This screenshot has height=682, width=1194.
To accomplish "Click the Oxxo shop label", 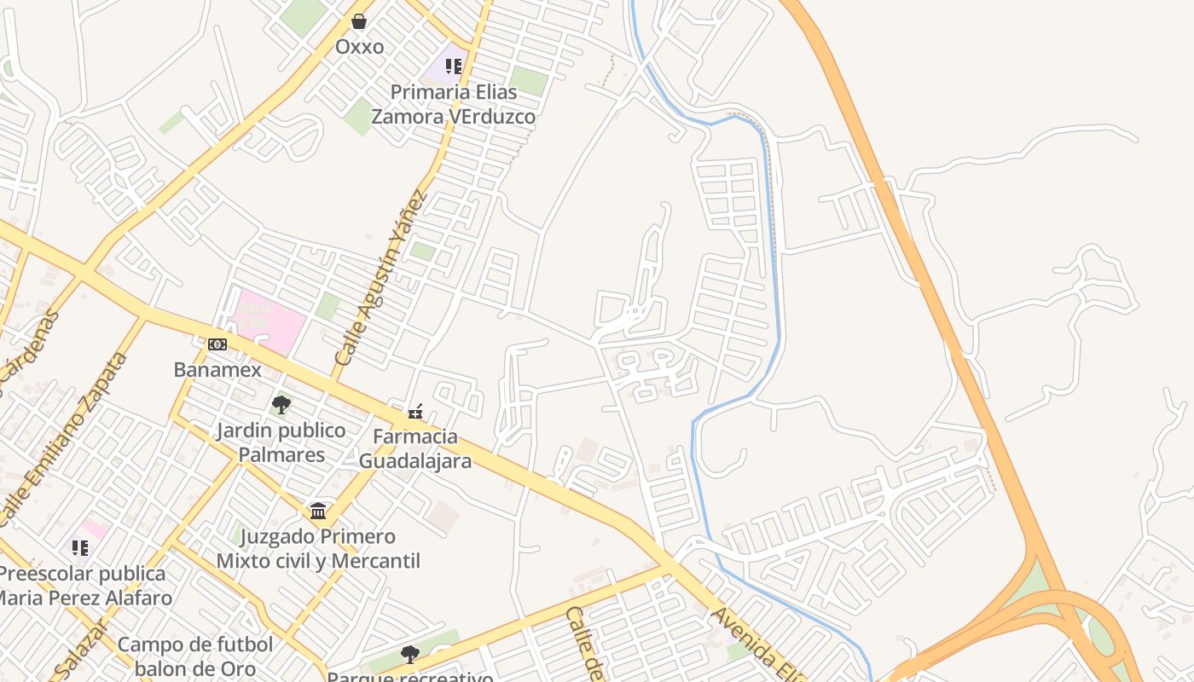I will click(x=359, y=46).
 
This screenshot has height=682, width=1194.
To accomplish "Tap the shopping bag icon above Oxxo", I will click(x=359, y=20).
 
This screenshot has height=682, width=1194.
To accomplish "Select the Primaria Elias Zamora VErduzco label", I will click(x=453, y=104).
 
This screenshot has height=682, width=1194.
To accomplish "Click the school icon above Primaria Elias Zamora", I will click(x=454, y=66).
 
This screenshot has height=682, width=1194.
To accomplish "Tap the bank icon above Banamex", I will click(x=217, y=344).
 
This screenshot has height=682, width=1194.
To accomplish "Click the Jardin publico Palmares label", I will click(x=281, y=442).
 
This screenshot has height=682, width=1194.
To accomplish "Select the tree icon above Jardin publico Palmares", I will click(x=281, y=404).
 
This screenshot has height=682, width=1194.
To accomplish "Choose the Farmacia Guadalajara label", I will click(x=415, y=448).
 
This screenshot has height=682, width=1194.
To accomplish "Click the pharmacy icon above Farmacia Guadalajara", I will click(x=415, y=412).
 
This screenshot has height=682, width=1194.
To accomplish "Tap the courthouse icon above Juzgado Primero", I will click(x=318, y=511).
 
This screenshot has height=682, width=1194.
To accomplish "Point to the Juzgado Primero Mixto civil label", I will click(x=318, y=548).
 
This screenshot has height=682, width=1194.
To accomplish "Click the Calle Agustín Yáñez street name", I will click(x=381, y=277).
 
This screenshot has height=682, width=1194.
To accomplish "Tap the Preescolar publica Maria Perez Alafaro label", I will click(x=84, y=585).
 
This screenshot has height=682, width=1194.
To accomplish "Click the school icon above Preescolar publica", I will click(x=80, y=547).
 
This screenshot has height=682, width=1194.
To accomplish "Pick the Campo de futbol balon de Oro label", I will click(x=195, y=656).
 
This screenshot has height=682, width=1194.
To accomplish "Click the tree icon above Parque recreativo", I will click(x=410, y=655).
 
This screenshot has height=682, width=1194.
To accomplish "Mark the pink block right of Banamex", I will click(x=268, y=321).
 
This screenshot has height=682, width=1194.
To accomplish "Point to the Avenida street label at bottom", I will click(x=755, y=648).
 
